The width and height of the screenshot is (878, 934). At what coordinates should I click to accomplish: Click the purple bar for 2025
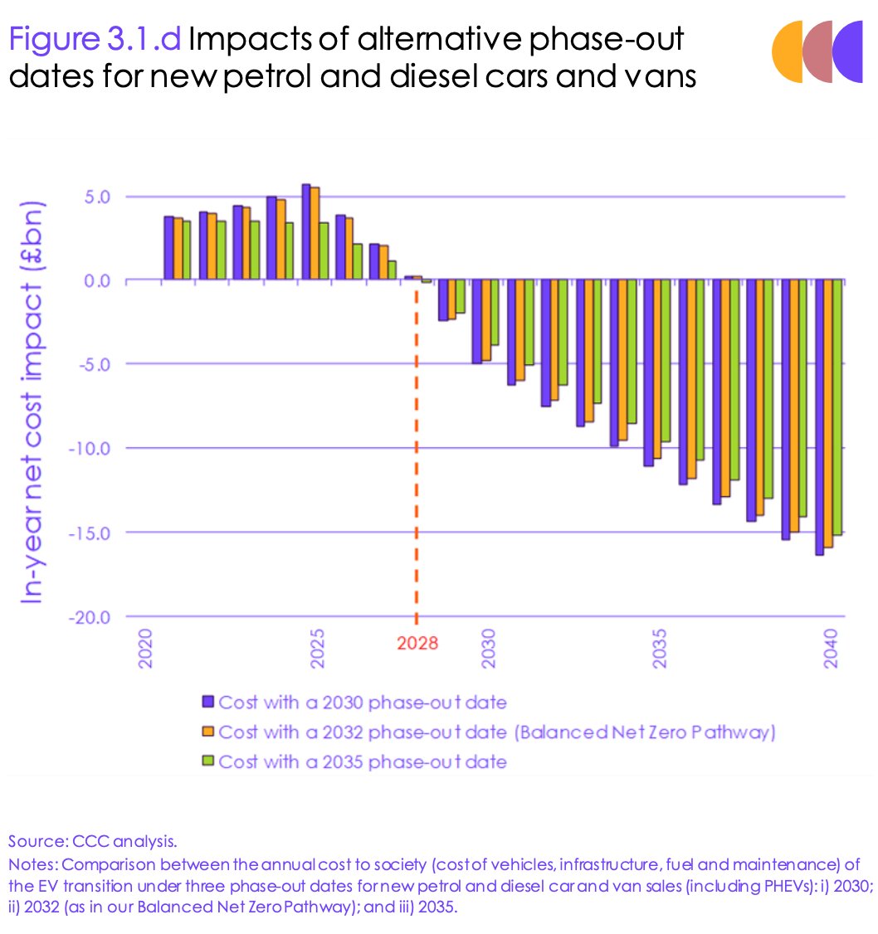click(x=305, y=232)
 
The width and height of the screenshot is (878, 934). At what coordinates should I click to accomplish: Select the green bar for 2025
click(x=324, y=251)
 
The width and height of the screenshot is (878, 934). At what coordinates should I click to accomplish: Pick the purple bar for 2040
click(x=819, y=417)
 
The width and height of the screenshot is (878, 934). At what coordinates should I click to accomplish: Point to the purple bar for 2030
click(x=476, y=322)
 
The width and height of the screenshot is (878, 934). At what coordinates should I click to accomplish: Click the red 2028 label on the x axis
click(x=417, y=643)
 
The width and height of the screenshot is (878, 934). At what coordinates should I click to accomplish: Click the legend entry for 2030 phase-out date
click(x=361, y=703)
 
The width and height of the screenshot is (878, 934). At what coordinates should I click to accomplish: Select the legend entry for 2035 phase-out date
click(x=361, y=761)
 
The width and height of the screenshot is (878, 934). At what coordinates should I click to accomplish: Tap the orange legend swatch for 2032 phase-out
click(x=208, y=732)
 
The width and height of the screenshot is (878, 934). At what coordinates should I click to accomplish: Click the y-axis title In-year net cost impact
click(x=33, y=406)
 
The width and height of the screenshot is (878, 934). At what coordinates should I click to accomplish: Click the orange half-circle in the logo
click(x=785, y=52)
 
